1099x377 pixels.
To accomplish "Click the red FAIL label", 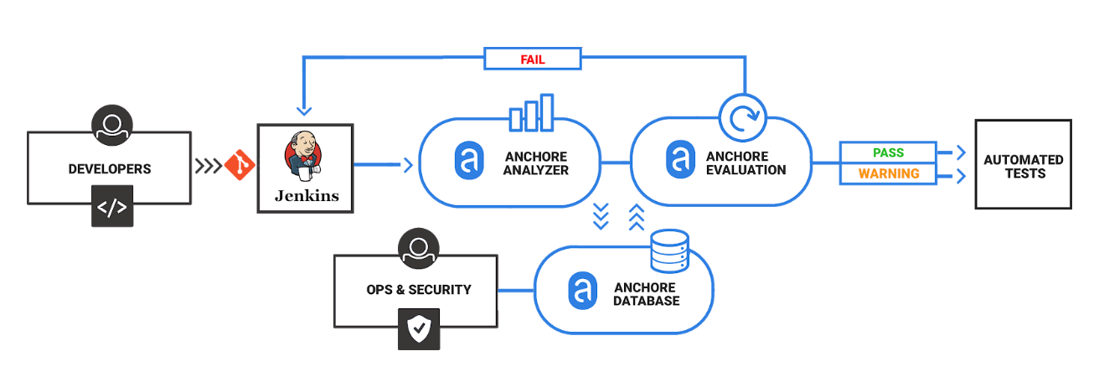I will point(533,59).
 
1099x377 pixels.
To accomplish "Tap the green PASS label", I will point(889,152).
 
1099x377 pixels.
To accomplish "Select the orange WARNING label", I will point(889,174).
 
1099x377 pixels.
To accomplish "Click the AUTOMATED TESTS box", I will point(1023,165).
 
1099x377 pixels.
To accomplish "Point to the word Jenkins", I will point(307,196).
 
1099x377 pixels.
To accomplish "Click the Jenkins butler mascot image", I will point(304,156).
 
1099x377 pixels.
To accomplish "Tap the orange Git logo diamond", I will point(240,165).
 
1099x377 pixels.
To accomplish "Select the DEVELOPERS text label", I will point(110,168).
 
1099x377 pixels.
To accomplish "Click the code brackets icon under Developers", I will point(111,208).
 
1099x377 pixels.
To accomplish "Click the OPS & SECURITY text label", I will point(419,290).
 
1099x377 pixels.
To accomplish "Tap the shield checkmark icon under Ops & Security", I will point(418,330).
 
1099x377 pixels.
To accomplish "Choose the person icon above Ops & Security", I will point(419,249).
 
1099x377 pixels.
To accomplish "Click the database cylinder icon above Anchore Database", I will point(669,250).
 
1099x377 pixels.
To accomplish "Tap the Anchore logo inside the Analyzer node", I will point(469,163).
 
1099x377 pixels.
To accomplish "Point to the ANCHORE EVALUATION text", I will point(746,163).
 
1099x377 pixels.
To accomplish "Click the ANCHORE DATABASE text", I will point(646,293).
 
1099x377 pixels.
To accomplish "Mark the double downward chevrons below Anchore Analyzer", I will point(601,217).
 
